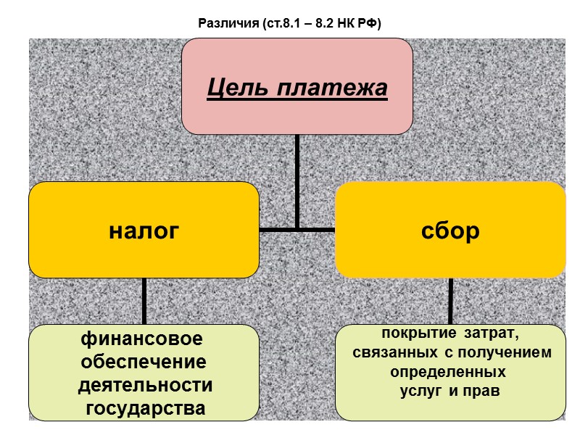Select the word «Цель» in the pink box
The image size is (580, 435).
point(233,89)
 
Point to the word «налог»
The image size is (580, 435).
point(144,231)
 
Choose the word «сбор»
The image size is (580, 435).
point(449,231)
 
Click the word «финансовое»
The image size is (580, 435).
point(141,339)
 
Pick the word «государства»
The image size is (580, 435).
point(145,407)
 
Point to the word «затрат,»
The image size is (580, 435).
point(495,333)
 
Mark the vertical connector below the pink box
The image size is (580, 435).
point(297,181)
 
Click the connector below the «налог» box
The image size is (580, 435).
point(144,301)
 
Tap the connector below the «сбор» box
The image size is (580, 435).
point(450,301)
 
